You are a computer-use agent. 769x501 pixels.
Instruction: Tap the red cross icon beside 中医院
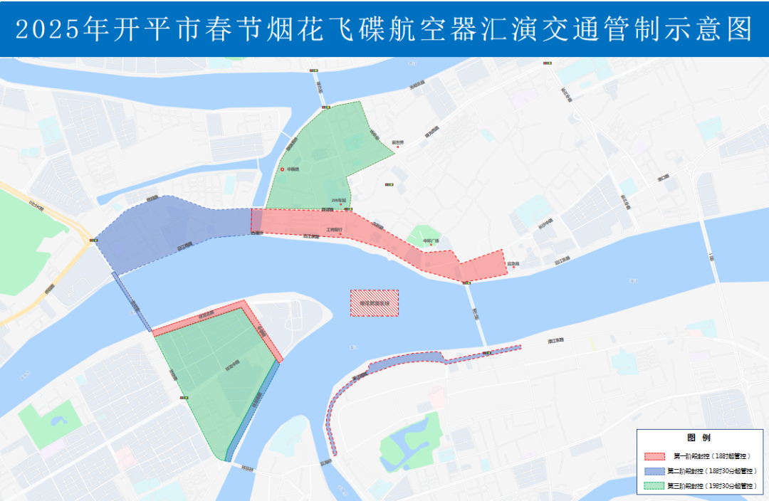pyautogui.click(x=282, y=169)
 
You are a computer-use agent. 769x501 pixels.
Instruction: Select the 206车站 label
pyautogui.click(x=338, y=201)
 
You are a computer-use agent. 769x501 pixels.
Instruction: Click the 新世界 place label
pyautogui.click(x=397, y=142)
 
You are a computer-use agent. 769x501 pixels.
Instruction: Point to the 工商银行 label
pyautogui.click(x=334, y=230)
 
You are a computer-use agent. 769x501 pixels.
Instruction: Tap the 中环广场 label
pyautogui.click(x=432, y=241)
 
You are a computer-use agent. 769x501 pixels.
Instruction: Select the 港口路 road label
pyautogui.click(x=664, y=176)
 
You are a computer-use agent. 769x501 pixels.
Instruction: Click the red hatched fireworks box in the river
pyautogui.click(x=374, y=303)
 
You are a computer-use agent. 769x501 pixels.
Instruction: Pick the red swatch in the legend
pyautogui.click(x=654, y=455)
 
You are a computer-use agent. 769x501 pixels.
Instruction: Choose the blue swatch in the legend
pyautogui.click(x=654, y=470)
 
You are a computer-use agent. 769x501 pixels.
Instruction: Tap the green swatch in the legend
pyautogui.click(x=654, y=486)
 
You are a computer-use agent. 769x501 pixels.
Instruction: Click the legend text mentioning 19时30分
pyautogui.click(x=712, y=486)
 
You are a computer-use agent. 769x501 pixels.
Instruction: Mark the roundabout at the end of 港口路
pyautogui.click(x=691, y=168)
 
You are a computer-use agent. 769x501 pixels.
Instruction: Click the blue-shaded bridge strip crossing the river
pyautogui.click(x=132, y=302)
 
